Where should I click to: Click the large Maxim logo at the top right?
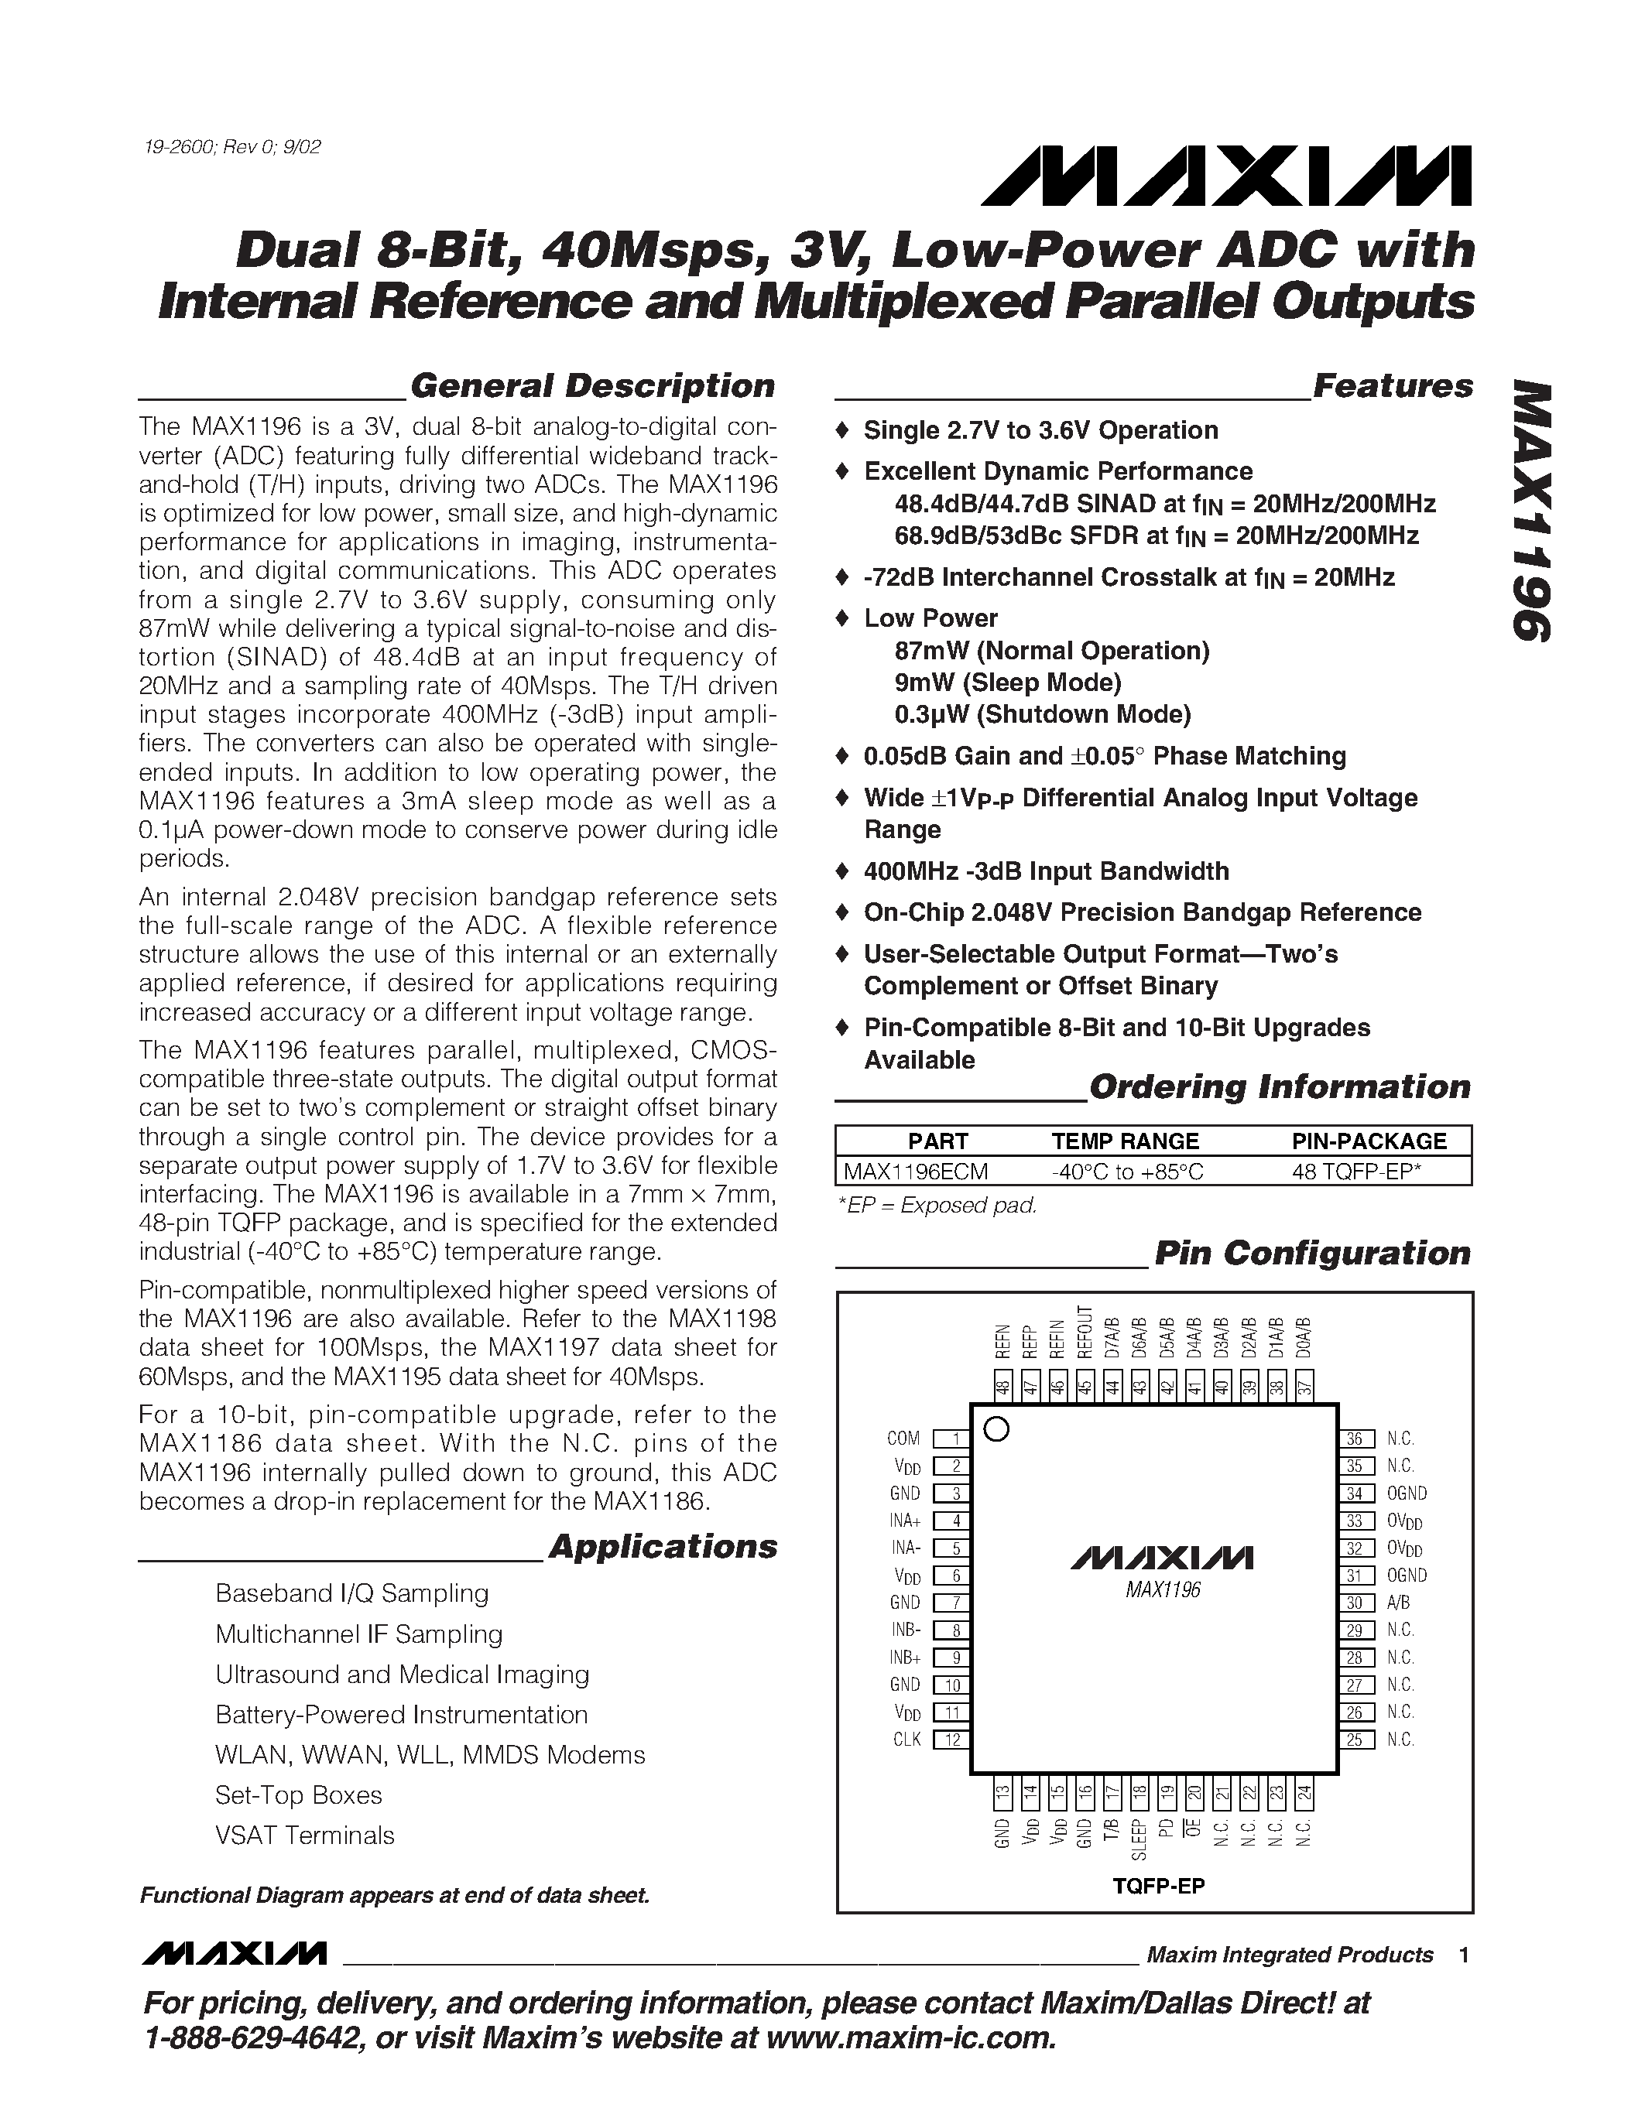coord(1226,176)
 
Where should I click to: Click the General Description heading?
coord(591,386)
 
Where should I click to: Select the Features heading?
coord(1393,386)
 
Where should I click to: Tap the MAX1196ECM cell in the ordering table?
coord(915,1172)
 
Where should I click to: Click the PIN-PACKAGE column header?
coord(1368,1141)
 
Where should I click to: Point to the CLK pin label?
coord(906,1740)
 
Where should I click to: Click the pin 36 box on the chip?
coord(1355,1439)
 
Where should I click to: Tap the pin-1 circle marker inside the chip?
coord(997,1429)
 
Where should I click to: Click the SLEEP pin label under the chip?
coord(1137,1839)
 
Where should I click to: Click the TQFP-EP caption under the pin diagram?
coord(1159,1885)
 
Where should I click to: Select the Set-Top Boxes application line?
coord(298,1794)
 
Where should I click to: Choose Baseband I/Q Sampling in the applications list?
coord(351,1593)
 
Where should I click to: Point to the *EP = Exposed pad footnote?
coord(937,1206)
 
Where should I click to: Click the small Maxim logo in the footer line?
coord(233,1955)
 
